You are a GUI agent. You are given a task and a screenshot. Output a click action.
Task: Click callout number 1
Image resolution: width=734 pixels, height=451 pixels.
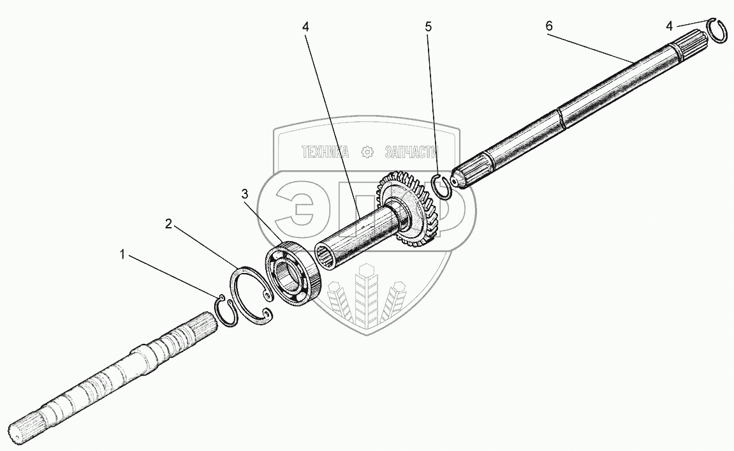pyautogui.click(x=121, y=255)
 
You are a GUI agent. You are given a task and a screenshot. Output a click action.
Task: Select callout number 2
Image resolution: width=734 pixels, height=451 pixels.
pyautogui.click(x=168, y=223)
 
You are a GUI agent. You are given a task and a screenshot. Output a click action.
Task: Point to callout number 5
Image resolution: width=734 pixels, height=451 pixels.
pyautogui.click(x=428, y=27)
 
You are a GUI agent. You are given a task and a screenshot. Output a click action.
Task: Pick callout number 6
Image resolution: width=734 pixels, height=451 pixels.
pyautogui.click(x=549, y=26)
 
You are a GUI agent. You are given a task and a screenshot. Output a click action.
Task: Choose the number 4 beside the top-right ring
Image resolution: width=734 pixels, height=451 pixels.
pyautogui.click(x=668, y=26)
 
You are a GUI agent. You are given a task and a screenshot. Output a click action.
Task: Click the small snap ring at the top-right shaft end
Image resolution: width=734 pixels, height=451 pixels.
pyautogui.click(x=719, y=31)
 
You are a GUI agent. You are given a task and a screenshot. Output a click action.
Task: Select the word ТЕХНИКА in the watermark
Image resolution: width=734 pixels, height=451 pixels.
pyautogui.click(x=325, y=152)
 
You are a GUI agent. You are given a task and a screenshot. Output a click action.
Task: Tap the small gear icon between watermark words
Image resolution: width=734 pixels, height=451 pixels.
pyautogui.click(x=367, y=152)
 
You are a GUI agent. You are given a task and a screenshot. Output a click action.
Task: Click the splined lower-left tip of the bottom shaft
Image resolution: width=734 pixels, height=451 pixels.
pyautogui.click(x=26, y=432)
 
